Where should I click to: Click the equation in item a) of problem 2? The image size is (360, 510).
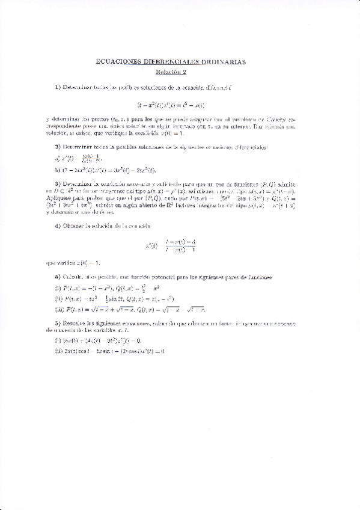tap(78, 158)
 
